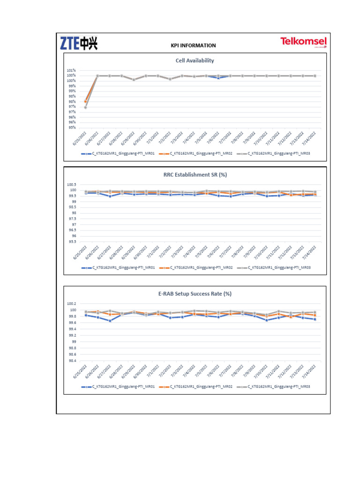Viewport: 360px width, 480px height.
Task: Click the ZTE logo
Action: click(x=78, y=44)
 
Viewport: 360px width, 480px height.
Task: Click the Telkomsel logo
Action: click(x=303, y=42)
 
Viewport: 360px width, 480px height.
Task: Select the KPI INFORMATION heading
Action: click(x=193, y=45)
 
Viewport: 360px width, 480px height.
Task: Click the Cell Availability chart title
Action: click(x=195, y=60)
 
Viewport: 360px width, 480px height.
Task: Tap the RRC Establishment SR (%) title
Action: click(x=194, y=174)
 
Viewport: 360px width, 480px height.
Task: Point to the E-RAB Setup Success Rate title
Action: click(x=195, y=294)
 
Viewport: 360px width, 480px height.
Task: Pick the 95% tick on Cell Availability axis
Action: click(x=72, y=127)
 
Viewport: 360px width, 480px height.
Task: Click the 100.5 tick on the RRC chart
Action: click(x=71, y=185)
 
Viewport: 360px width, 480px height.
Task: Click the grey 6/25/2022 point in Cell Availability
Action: click(x=85, y=107)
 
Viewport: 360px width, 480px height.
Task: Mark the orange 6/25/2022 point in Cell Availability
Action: click(x=85, y=101)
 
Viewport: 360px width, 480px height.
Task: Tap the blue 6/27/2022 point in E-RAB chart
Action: click(x=110, y=321)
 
